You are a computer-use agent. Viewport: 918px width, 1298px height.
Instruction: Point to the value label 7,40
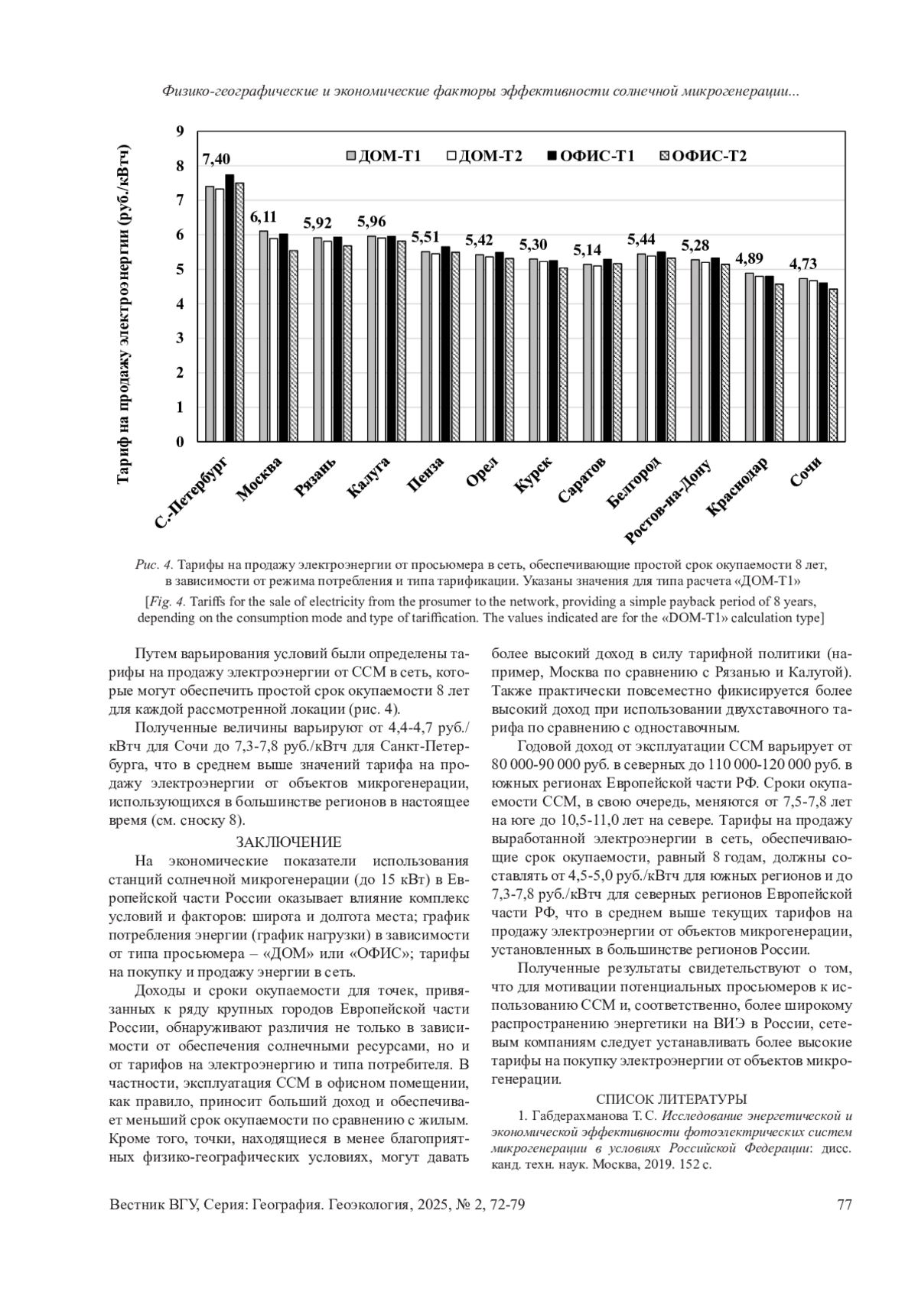click(216, 159)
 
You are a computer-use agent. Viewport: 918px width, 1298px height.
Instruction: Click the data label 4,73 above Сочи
click(802, 264)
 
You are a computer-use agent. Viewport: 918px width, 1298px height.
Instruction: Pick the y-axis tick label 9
click(181, 131)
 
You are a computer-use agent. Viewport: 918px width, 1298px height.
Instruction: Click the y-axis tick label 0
click(181, 442)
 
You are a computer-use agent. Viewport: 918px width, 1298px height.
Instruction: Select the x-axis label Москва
click(259, 479)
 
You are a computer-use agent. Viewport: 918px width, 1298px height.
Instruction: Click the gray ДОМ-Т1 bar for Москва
click(263, 336)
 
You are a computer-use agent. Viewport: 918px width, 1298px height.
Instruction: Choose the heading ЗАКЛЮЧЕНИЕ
click(288, 842)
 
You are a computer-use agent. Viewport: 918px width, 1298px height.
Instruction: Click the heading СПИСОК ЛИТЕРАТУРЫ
click(671, 1099)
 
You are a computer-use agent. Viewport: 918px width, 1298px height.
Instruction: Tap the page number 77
click(845, 1205)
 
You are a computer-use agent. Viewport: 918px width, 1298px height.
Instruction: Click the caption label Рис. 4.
click(154, 565)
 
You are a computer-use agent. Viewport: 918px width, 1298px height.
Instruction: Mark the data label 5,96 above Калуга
click(372, 222)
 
